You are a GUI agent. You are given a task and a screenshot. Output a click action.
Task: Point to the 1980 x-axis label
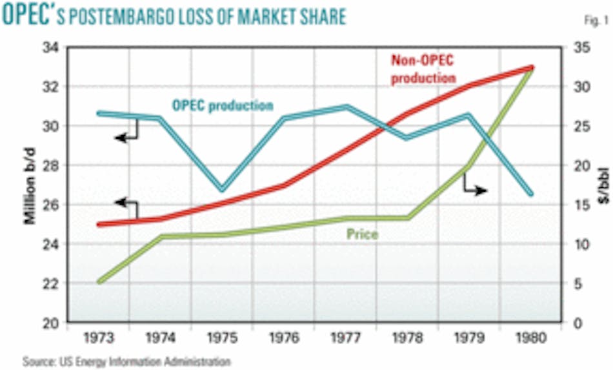click(531, 338)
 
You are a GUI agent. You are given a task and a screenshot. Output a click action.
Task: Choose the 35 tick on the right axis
click(575, 47)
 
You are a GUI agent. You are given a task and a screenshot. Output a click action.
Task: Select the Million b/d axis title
click(30, 186)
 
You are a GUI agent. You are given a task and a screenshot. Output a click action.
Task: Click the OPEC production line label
click(223, 105)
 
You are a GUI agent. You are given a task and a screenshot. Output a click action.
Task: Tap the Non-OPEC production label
click(423, 68)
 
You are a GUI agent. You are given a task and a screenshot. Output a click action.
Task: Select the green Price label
click(362, 234)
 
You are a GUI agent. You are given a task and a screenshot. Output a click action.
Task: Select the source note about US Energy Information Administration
click(126, 361)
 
